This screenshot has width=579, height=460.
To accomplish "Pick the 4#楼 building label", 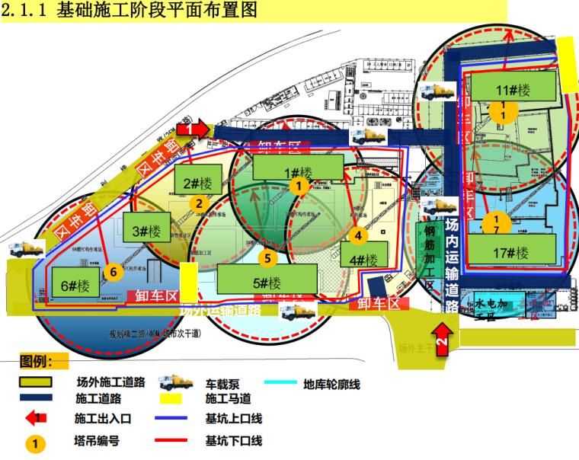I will point(363,258).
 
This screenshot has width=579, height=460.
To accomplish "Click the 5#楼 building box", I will point(265,280).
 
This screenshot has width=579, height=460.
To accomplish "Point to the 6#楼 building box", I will point(75,286).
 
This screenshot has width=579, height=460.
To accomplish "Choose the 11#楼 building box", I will point(512,90).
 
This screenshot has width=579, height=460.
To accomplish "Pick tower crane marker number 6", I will point(112,271).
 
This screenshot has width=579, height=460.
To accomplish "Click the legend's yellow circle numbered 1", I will point(34,441).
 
